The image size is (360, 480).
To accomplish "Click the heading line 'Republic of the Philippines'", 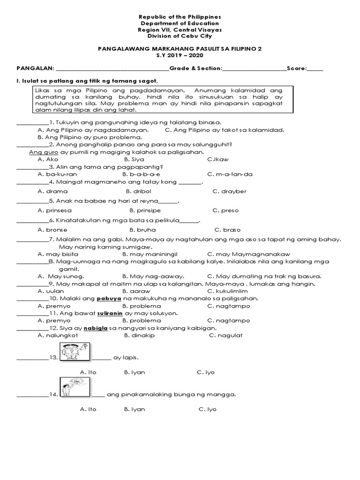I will coord(180,16).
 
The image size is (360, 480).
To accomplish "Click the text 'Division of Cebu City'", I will coord(180,36).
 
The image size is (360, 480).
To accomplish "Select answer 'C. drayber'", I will coord(229,191).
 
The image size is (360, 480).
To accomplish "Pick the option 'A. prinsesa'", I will coord(55,210).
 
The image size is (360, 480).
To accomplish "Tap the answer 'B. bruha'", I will coord(142,230).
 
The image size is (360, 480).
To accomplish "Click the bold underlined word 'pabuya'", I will coord(109,298).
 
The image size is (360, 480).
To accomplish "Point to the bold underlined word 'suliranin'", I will coord(110,313).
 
